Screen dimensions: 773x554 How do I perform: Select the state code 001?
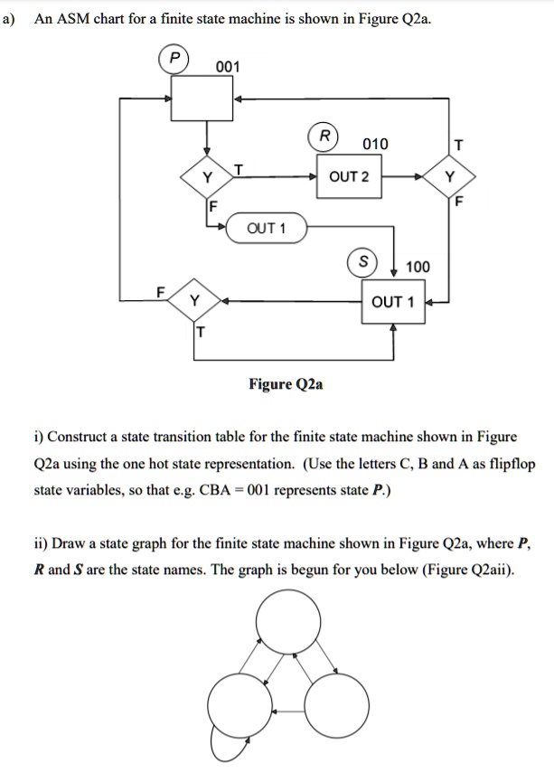(x=228, y=67)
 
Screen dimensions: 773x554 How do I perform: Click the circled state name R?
(x=322, y=137)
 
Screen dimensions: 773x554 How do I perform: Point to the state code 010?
(x=374, y=145)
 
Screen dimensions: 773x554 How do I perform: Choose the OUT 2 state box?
(x=349, y=176)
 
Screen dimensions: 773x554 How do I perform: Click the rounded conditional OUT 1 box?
(x=266, y=228)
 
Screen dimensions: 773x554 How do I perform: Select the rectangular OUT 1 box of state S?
(x=392, y=302)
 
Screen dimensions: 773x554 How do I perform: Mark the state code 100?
(x=418, y=267)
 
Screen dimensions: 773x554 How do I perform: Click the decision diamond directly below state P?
(x=207, y=176)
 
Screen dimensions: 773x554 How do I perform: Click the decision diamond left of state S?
(x=194, y=301)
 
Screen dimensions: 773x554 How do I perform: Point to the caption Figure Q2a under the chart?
(x=286, y=384)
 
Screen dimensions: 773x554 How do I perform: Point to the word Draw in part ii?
(x=69, y=544)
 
